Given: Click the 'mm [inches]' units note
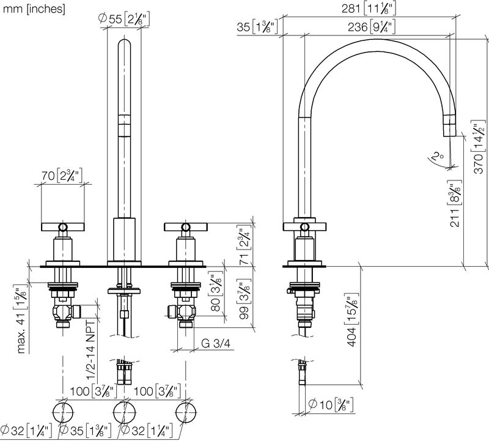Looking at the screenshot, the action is pyautogui.click(x=34, y=9).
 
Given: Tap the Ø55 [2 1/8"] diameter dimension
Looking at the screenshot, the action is pyautogui.click(x=124, y=20).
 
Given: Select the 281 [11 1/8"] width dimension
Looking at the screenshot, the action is pyautogui.click(x=369, y=9).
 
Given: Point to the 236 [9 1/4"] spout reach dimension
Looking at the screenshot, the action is pyautogui.click(x=372, y=27).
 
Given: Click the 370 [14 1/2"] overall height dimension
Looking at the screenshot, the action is pyautogui.click(x=479, y=147).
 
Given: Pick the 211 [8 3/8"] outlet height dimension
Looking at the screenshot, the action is pyautogui.click(x=455, y=203).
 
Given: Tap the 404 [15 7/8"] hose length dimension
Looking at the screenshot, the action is pyautogui.click(x=352, y=320).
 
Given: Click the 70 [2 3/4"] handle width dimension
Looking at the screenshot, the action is pyautogui.click(x=62, y=176).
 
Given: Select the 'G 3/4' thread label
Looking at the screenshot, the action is pyautogui.click(x=216, y=343).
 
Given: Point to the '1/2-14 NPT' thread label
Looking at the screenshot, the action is pyautogui.click(x=90, y=349).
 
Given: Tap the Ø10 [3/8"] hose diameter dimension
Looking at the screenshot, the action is pyautogui.click(x=331, y=405).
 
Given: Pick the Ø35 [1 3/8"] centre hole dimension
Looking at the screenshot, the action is pyautogui.click(x=85, y=431).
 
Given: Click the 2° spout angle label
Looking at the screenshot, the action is pyautogui.click(x=439, y=155).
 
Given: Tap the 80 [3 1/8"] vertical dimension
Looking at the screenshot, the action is pyautogui.click(x=216, y=292).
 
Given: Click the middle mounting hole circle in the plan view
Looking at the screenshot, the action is pyautogui.click(x=124, y=413).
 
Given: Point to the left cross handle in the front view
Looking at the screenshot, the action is pyautogui.click(x=63, y=227).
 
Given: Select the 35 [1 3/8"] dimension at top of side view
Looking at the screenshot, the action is pyautogui.click(x=257, y=27).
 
